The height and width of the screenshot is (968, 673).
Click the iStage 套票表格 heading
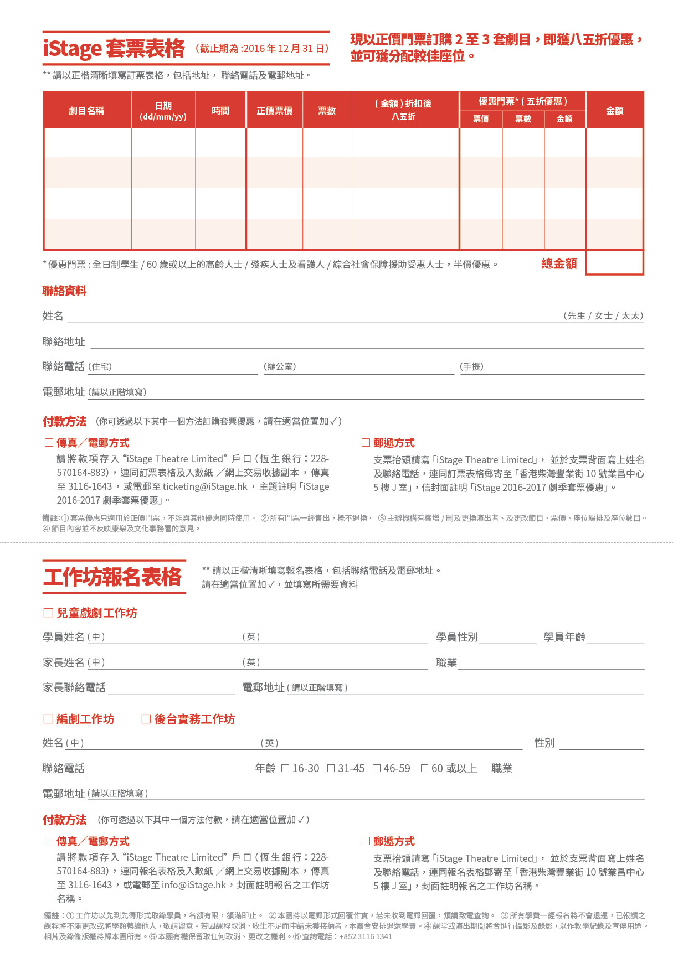(x=114, y=49)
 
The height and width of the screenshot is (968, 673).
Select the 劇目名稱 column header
(x=86, y=111)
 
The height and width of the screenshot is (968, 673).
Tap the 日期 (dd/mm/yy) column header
(x=163, y=111)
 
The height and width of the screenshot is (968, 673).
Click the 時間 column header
(x=220, y=111)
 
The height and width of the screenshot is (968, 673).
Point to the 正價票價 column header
(x=275, y=111)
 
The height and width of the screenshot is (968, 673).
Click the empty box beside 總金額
(x=614, y=263)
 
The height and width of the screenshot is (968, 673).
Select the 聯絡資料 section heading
(x=64, y=291)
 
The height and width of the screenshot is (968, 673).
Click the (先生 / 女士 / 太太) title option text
(x=603, y=315)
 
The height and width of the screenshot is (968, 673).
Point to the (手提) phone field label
(x=471, y=366)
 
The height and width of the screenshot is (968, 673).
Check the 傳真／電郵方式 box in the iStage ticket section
(x=49, y=442)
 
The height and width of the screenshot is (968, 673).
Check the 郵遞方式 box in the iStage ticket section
(x=366, y=442)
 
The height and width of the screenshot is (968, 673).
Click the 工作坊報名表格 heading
(x=113, y=577)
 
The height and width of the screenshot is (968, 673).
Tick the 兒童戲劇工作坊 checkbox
(x=48, y=613)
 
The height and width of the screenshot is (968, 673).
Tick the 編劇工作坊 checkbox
(x=48, y=719)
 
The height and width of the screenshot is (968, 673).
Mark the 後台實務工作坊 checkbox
(x=146, y=719)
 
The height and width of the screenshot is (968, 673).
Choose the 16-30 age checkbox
(x=285, y=768)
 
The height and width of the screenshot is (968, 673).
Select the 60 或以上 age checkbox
(x=424, y=768)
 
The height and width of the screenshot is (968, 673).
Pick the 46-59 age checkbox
(x=377, y=768)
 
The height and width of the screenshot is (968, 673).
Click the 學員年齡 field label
(x=564, y=637)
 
